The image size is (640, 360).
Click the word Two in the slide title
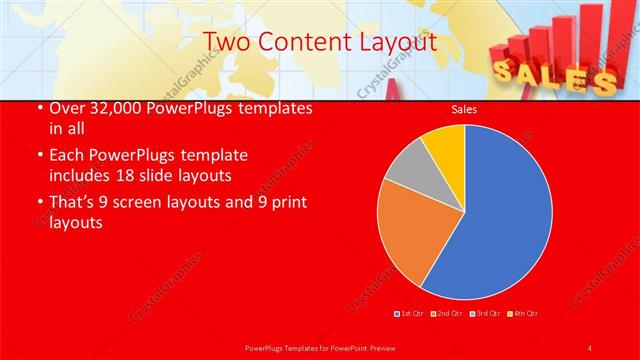click(x=224, y=42)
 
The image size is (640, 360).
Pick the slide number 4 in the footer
click(x=591, y=347)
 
